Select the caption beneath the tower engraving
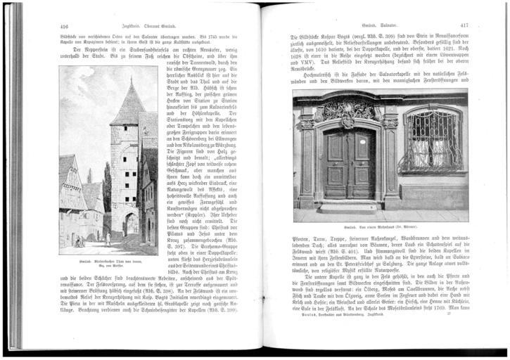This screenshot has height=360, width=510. coord(109,257)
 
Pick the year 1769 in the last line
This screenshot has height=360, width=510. coord(460,328)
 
